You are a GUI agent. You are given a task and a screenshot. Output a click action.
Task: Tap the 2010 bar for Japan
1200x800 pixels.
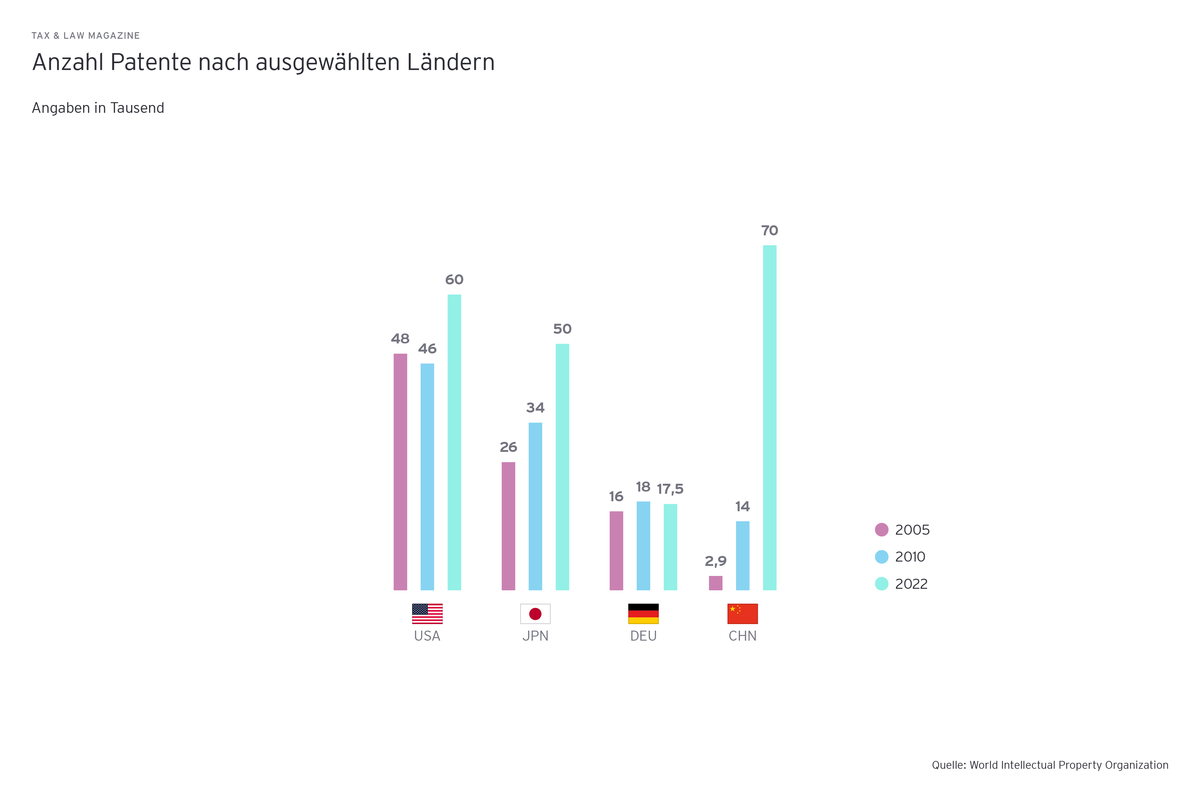(x=535, y=506)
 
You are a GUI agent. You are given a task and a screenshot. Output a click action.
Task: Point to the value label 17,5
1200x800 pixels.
(x=670, y=489)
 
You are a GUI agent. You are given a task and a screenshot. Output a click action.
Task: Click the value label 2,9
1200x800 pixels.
(x=715, y=561)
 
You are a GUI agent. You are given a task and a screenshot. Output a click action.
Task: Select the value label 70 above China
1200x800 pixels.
(x=769, y=231)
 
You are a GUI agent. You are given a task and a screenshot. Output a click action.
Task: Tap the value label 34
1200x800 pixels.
(x=535, y=407)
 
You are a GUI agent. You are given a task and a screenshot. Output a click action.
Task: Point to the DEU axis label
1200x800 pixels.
(x=643, y=636)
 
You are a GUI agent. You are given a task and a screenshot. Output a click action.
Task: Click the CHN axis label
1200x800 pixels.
(x=742, y=636)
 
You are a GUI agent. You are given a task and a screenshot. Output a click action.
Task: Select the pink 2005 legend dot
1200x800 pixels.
(x=881, y=530)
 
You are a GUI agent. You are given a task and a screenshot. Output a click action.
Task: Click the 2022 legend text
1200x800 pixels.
(x=911, y=584)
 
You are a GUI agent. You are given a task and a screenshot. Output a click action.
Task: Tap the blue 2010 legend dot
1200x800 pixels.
(x=881, y=557)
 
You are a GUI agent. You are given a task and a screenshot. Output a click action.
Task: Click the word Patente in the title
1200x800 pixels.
(x=151, y=62)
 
